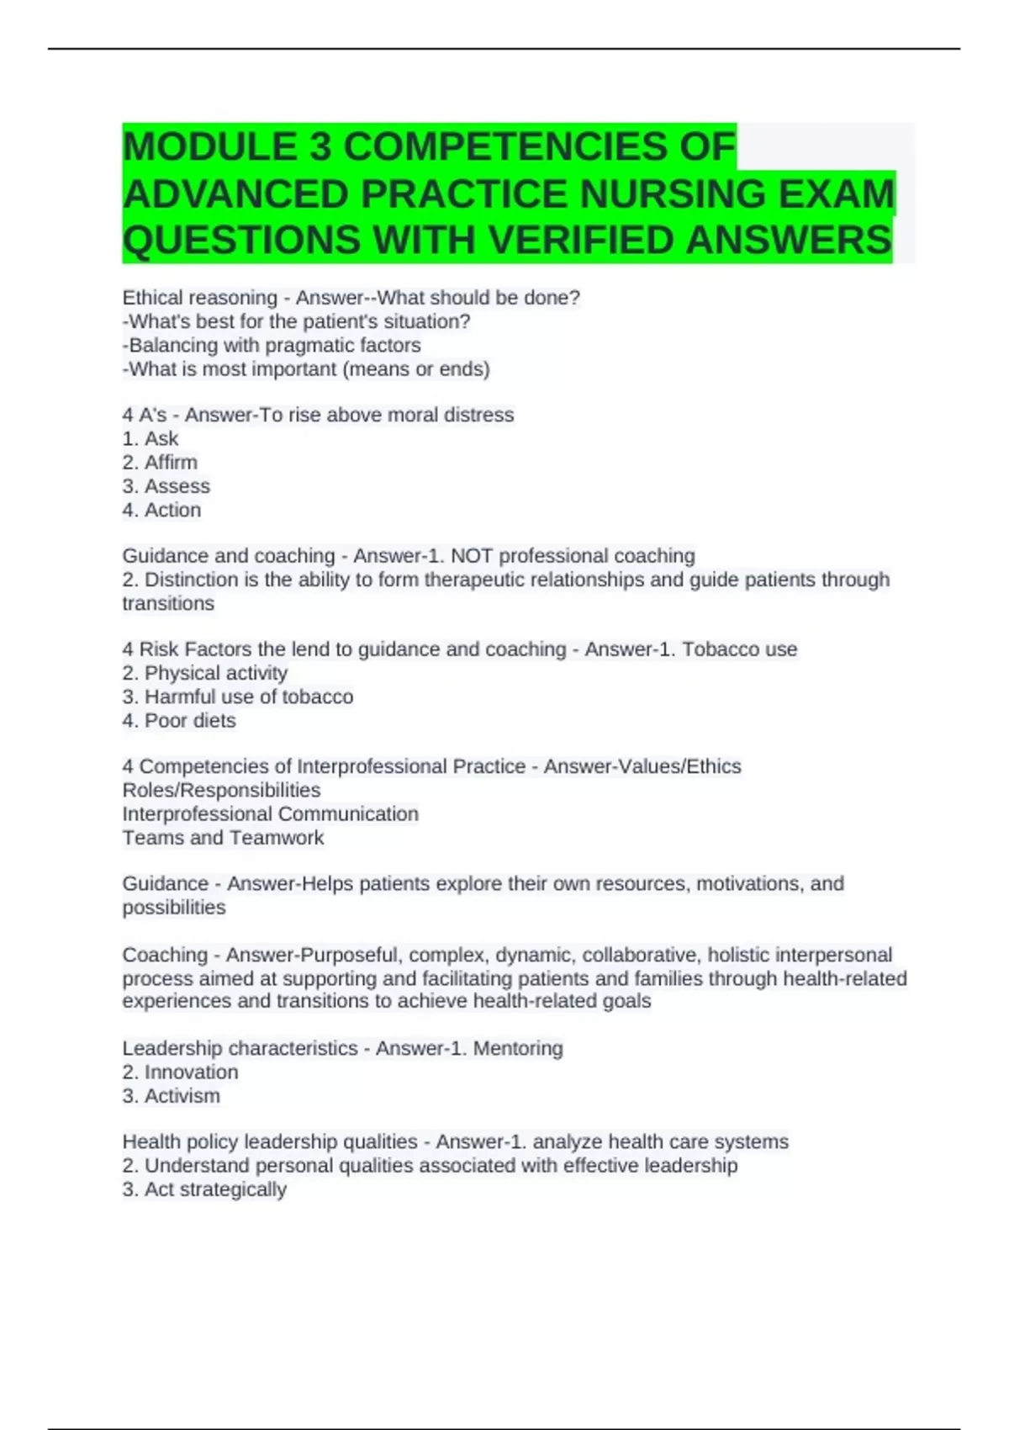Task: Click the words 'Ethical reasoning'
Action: tap(199, 298)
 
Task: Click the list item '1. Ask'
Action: tap(151, 438)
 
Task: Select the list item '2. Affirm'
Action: tap(160, 462)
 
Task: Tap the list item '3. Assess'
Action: tap(166, 486)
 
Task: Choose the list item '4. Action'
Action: tap(161, 510)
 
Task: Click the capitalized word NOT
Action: tap(472, 556)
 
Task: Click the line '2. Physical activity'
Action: tap(204, 673)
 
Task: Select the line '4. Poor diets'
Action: tap(178, 720)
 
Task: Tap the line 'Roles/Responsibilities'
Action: tap(221, 790)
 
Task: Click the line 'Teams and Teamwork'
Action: tap(223, 837)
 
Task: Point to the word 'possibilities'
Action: tap(174, 907)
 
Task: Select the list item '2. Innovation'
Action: tap(180, 1072)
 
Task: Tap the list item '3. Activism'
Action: tap(171, 1095)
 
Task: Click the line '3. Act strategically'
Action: tap(204, 1189)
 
